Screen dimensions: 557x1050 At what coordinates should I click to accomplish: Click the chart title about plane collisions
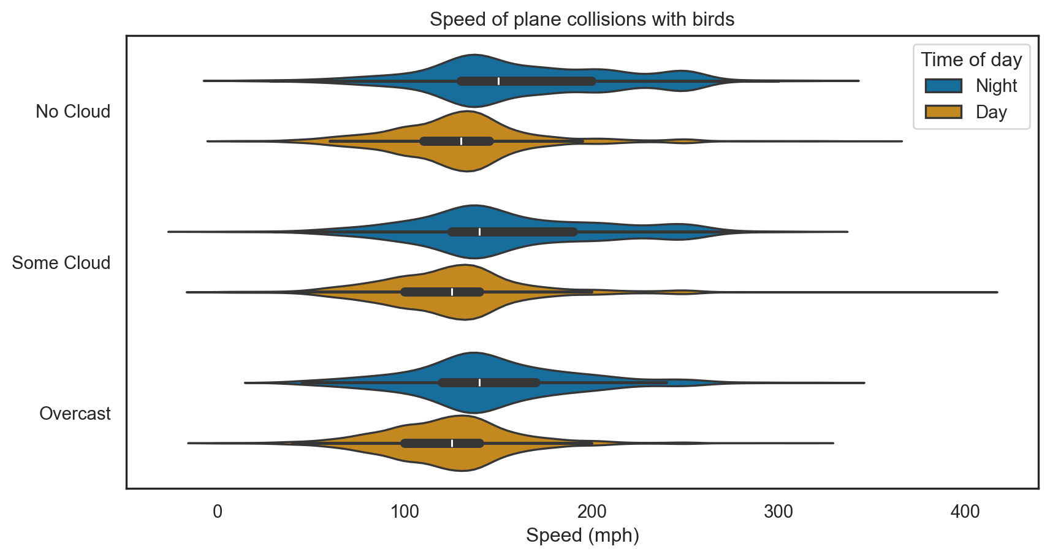tap(582, 20)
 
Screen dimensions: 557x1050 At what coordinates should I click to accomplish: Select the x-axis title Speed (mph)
tap(582, 535)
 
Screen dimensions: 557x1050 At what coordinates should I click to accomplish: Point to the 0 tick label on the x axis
tap(218, 511)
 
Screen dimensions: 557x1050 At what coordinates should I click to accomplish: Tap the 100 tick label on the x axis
tap(405, 511)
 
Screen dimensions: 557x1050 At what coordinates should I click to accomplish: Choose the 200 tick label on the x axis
tap(592, 511)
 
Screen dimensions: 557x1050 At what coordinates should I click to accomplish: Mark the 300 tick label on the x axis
tap(778, 511)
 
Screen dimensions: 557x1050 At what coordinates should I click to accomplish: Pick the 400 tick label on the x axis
tap(965, 511)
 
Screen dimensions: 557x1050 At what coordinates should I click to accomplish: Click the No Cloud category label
tap(73, 112)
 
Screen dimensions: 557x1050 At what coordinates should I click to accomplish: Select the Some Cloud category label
tap(61, 263)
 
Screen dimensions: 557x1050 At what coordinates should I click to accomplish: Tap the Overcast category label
tap(75, 414)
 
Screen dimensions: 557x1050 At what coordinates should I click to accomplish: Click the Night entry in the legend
tap(996, 86)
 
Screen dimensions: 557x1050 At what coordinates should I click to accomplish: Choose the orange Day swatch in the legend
tap(943, 112)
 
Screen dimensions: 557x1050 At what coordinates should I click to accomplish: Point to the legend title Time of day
tap(971, 59)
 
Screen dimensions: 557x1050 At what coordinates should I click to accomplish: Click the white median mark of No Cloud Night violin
tap(499, 81)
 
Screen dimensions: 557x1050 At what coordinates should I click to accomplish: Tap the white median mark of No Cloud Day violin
tap(462, 141)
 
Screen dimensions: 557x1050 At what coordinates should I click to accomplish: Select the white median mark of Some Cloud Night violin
tap(480, 232)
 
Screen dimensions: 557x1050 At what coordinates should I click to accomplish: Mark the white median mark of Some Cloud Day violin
tap(452, 292)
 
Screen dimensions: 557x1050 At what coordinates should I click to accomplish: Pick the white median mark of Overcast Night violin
tap(480, 382)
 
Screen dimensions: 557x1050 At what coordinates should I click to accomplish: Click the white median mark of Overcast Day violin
tap(452, 443)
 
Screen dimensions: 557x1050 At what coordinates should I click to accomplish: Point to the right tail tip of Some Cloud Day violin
tap(997, 292)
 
